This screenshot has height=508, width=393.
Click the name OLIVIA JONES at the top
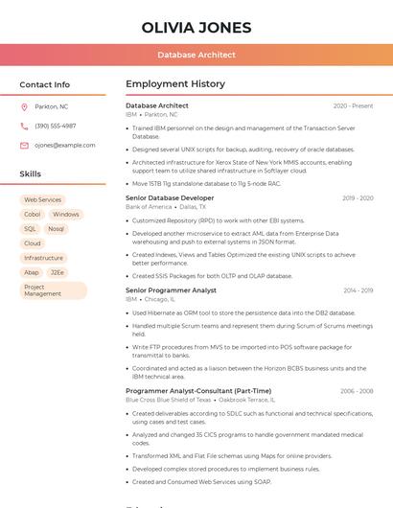(x=196, y=28)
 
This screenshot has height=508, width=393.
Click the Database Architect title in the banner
(x=196, y=55)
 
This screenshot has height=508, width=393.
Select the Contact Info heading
(x=44, y=84)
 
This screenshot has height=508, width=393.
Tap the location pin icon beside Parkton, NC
(x=24, y=106)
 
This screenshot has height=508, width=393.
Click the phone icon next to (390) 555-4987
(x=24, y=126)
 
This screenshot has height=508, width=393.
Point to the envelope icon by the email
(x=24, y=146)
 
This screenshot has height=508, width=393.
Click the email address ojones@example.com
(x=65, y=146)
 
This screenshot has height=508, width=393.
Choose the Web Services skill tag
(x=42, y=200)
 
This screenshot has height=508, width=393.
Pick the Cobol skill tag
(x=32, y=215)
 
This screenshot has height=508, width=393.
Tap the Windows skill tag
(x=66, y=215)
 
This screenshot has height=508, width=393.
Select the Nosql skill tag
(x=56, y=229)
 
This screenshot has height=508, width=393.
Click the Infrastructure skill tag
(x=43, y=258)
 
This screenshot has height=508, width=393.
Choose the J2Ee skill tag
(x=58, y=272)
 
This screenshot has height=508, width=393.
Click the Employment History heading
(x=175, y=84)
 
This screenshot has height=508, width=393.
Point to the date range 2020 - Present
(x=353, y=105)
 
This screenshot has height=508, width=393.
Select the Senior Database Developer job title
(x=170, y=197)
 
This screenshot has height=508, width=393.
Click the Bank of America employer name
(x=149, y=206)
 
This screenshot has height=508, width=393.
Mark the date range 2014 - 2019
(x=358, y=289)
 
